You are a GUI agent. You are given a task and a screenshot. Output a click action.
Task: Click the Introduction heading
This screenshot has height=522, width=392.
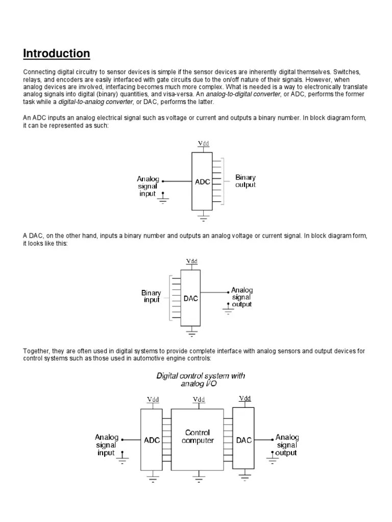[57, 54]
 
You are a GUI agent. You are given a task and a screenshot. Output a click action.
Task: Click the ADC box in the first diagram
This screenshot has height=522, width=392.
[203, 181]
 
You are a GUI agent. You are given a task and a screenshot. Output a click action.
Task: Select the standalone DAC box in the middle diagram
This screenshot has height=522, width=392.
[191, 299]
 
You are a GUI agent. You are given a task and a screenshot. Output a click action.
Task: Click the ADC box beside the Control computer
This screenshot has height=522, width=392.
[152, 440]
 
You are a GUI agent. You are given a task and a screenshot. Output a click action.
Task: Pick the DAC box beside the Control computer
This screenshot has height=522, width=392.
[243, 440]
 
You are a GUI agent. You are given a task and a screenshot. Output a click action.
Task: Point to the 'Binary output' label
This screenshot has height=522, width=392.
[246, 181]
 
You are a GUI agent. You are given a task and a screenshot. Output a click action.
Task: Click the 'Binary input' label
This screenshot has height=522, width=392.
[151, 296]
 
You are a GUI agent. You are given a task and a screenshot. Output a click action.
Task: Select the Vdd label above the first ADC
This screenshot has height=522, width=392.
[203, 143]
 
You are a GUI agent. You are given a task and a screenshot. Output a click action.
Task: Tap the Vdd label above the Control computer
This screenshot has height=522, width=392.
[198, 400]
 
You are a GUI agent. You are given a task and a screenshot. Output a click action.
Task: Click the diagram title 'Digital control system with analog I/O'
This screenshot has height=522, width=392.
[200, 379]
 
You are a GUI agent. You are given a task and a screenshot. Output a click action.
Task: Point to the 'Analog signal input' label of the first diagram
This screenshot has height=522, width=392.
[148, 186]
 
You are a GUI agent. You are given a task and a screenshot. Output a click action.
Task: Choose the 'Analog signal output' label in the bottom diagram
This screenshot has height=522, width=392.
[287, 445]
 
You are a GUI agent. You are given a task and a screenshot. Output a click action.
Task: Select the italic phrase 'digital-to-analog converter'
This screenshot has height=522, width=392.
[89, 101]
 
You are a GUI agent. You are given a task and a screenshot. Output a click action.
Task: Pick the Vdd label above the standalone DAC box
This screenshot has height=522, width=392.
[191, 262]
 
